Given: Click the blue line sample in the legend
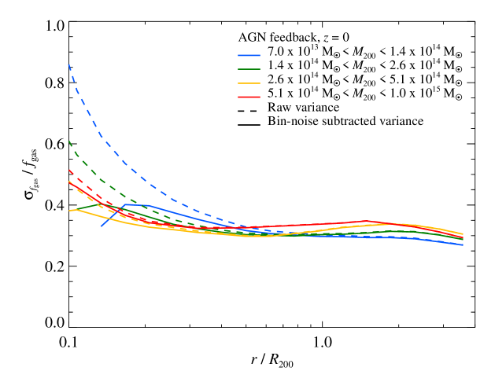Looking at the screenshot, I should (249, 56).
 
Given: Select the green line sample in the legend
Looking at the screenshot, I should (249, 69).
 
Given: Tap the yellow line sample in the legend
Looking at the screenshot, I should (249, 83).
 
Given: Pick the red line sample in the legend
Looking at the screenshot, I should (249, 97).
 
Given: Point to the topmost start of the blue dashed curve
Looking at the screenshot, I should (69, 65).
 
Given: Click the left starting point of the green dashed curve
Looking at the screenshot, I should (69, 141).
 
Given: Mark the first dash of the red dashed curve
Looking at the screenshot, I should (71, 171).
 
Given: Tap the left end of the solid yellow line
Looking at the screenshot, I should (69, 211).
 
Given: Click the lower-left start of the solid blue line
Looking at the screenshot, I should (102, 226).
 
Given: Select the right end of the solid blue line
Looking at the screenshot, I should (463, 244).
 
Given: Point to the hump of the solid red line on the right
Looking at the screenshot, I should (366, 222).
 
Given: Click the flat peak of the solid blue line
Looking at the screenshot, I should (135, 204).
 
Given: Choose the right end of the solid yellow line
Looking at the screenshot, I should (463, 234).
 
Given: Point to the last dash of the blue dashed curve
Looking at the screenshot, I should (275, 232).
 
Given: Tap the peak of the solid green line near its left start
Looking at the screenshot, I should (98, 204).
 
